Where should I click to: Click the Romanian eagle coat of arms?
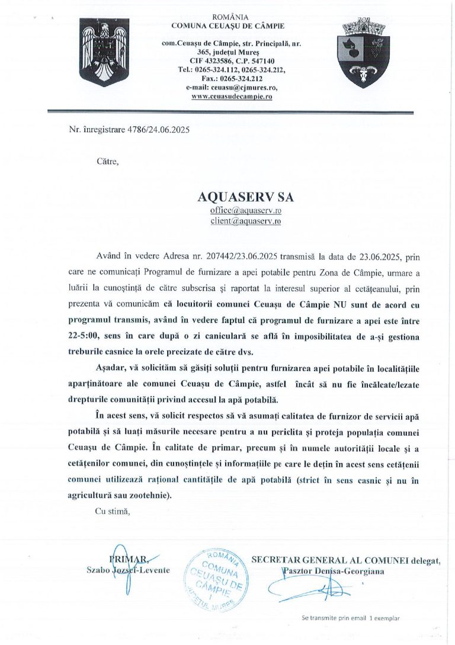click(105, 52)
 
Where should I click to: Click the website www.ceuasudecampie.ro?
click(232, 96)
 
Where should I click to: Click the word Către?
click(108, 160)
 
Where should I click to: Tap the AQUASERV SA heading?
click(245, 196)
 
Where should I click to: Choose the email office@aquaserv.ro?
click(245, 210)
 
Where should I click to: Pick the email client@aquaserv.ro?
click(245, 221)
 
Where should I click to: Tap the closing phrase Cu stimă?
click(112, 511)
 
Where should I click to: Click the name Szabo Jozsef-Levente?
click(128, 570)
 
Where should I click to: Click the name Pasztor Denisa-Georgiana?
click(333, 571)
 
